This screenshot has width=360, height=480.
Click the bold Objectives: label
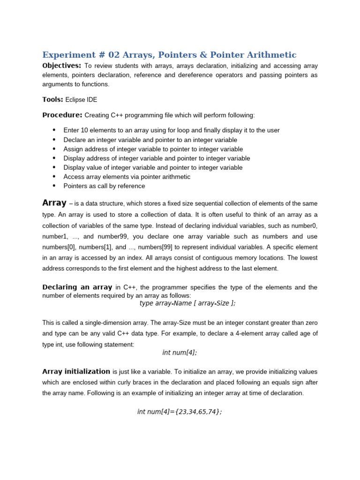[61, 66]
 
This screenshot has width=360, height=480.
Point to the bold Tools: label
[52, 99]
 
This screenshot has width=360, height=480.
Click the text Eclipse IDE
[81, 100]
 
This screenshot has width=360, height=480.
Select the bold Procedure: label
[62, 115]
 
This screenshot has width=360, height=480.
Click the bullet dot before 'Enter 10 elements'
[54, 130]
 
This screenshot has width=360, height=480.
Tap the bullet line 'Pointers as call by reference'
[104, 186]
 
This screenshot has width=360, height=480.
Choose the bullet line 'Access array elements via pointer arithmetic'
[127, 177]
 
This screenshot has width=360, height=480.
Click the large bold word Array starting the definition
[54, 203]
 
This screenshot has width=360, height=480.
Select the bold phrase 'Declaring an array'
[77, 287]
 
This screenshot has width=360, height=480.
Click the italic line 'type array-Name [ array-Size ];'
[187, 303]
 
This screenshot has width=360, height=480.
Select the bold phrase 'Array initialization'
[76, 371]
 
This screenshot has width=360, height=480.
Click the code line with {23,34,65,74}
[180, 412]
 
